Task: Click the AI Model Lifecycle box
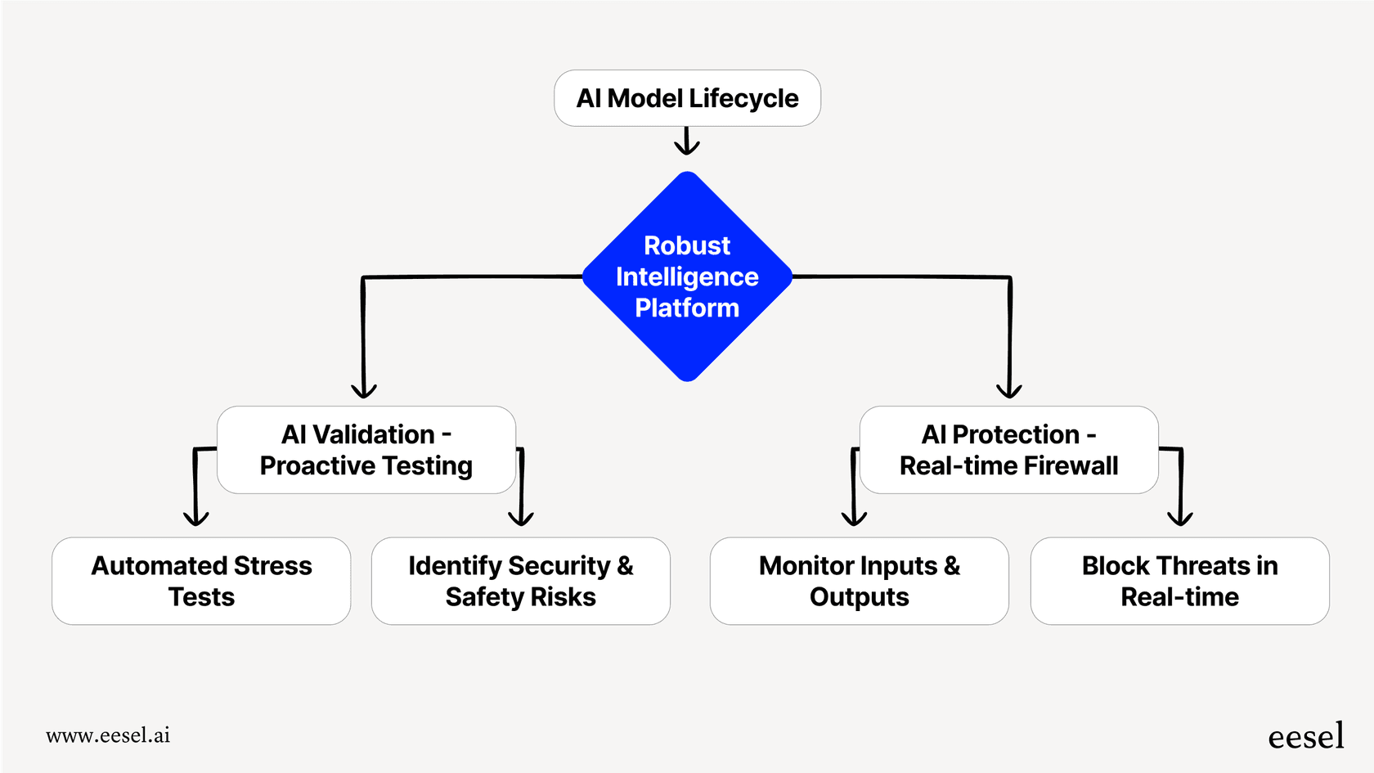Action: pos(687,98)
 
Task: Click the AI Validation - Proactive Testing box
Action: pos(366,450)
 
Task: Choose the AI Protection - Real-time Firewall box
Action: pos(1008,450)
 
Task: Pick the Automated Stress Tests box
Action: pos(201,581)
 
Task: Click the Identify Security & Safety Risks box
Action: pos(521,581)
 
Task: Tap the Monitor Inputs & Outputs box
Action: pos(859,581)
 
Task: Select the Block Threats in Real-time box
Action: pos(1179,581)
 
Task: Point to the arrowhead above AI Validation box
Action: pos(364,390)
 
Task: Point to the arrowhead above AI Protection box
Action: pos(1009,390)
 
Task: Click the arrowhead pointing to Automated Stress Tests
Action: pos(196,518)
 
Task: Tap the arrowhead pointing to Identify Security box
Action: pos(521,518)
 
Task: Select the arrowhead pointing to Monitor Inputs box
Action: pos(854,518)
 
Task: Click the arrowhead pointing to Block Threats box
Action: pos(1180,518)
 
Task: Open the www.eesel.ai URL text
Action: pos(108,735)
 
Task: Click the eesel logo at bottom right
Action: pos(1305,736)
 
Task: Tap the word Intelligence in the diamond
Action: pos(687,276)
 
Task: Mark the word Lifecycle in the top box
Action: pos(743,98)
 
